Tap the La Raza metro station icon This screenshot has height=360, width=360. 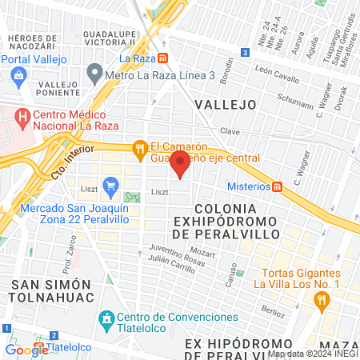point(163,58)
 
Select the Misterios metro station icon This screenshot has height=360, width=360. point(278,186)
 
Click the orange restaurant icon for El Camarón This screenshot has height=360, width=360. point(139,147)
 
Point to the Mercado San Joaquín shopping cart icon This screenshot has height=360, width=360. point(110,188)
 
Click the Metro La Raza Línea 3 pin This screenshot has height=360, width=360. point(95,76)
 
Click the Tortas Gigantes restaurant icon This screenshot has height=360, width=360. point(322,300)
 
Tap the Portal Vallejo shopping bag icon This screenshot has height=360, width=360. point(19,75)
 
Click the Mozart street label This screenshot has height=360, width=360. point(203,254)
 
